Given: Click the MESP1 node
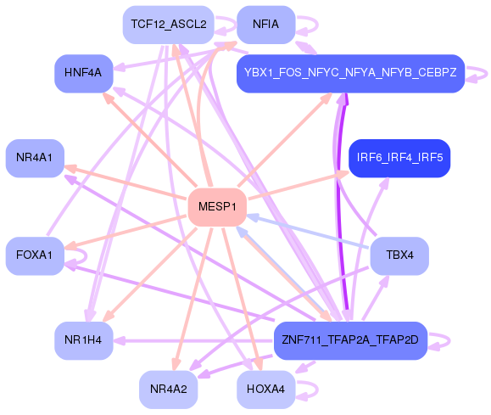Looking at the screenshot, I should click(216, 207).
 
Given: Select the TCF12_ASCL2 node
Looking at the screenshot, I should click(168, 25).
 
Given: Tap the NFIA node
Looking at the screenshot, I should click(265, 25).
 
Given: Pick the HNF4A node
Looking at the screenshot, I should click(83, 73).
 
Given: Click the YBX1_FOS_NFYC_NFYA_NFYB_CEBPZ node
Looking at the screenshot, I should click(350, 73).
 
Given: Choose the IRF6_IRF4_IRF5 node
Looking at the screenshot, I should click(399, 158).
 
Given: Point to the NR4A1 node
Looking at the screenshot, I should click(35, 158).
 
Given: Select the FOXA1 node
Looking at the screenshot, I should click(35, 255).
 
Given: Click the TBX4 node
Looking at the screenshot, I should click(399, 255).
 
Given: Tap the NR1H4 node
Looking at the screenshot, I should click(83, 340).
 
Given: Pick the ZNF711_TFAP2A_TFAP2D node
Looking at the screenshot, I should click(350, 340).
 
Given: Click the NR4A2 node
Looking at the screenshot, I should click(168, 389).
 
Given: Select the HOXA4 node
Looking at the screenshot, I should click(265, 389).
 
